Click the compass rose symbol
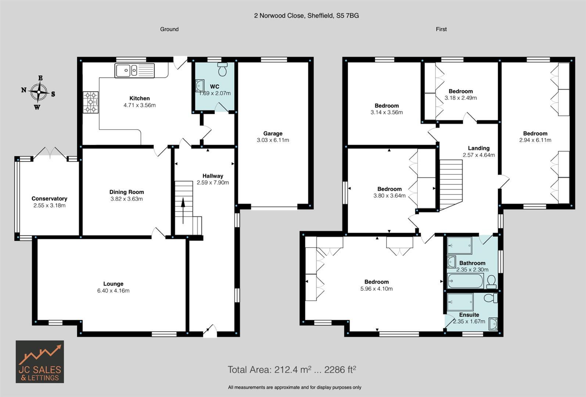tap(39, 92)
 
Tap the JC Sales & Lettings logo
tap(40, 362)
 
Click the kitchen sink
tap(134, 70)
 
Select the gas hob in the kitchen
tap(91, 102)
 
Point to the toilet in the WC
tap(222, 69)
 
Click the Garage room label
tap(273, 133)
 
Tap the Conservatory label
tap(50, 198)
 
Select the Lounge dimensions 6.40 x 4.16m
tap(113, 290)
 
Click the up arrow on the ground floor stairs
tap(183, 211)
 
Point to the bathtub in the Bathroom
tap(465, 281)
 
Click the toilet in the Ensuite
tap(491, 298)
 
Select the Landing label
tap(479, 148)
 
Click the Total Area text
tap(292, 369)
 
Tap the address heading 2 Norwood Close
tap(306, 16)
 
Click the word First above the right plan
tap(441, 29)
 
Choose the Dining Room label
tap(127, 192)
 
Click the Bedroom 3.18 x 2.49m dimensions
tap(461, 98)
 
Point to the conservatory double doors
tap(50, 153)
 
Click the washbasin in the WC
tap(200, 86)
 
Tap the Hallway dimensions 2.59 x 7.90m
tap(213, 182)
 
